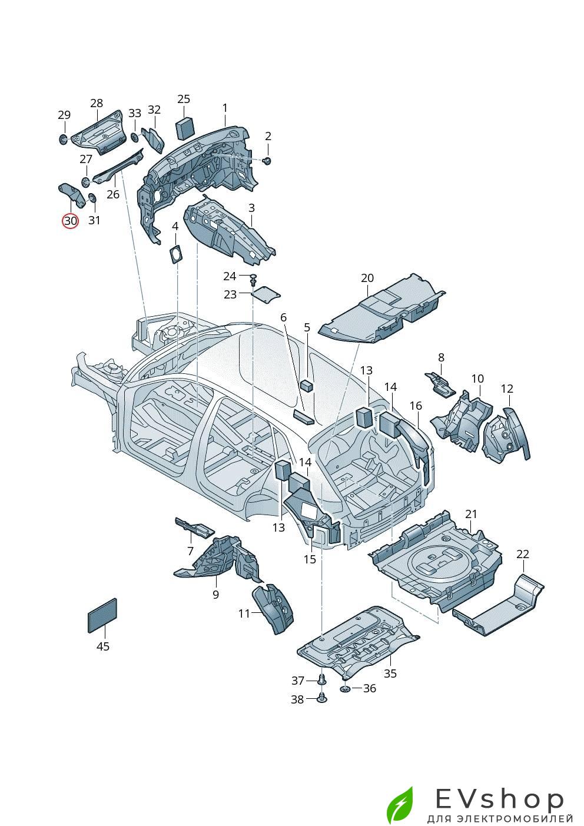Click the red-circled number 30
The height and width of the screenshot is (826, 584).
coord(71,221)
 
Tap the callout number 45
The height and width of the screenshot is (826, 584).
coord(102,646)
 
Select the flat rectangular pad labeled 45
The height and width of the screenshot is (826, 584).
coord(102,615)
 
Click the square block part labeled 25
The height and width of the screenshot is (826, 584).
coord(185,128)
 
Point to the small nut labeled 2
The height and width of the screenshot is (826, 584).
coord(267,160)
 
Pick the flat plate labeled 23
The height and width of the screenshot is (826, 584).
coord(266,294)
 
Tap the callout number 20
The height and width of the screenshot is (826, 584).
coord(367,278)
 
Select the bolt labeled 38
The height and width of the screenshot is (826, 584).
coord(321,698)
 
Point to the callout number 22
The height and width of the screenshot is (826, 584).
coord(523,554)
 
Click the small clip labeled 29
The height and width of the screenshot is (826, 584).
coord(63,140)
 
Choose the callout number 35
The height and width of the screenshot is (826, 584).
coord(390,674)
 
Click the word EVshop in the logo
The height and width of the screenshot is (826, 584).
coord(499,799)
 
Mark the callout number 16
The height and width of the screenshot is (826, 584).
coord(416,406)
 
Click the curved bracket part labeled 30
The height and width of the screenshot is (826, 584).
coord(71,194)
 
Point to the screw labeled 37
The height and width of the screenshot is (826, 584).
coord(321,679)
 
